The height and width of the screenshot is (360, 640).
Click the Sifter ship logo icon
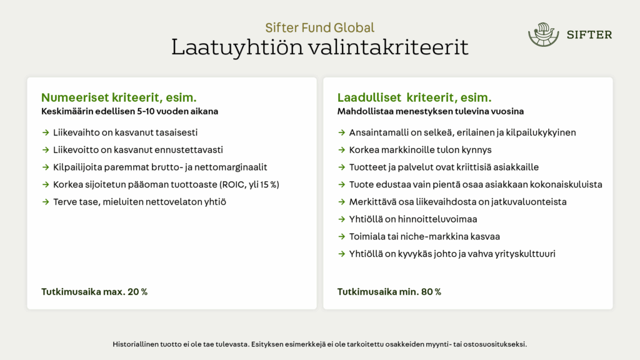click(543, 34)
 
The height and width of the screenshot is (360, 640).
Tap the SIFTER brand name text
click(589, 35)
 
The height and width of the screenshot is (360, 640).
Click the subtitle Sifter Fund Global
click(319, 27)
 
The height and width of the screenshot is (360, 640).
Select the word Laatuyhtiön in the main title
click(237, 47)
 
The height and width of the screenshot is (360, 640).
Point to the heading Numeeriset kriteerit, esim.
click(119, 97)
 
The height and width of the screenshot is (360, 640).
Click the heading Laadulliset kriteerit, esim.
click(414, 97)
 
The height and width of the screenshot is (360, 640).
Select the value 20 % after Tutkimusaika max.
click(137, 292)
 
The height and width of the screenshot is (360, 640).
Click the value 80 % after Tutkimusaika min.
click(431, 292)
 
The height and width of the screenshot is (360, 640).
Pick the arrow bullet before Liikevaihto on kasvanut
click(46, 132)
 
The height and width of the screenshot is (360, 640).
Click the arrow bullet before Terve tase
click(46, 202)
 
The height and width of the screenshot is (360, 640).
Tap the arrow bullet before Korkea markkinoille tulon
click(342, 150)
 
